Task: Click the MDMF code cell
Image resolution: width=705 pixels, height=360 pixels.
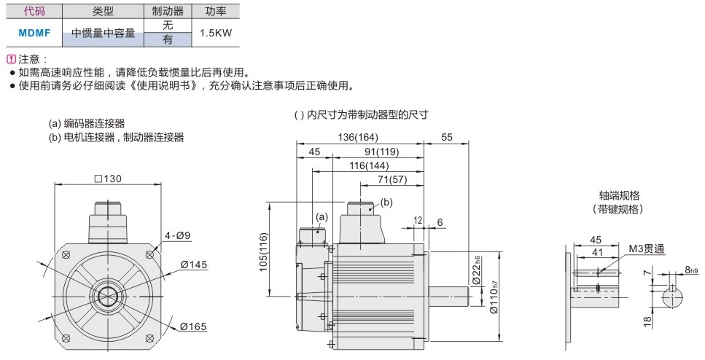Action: coord(34,33)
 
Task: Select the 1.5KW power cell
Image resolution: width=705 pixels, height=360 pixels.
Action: coord(216,33)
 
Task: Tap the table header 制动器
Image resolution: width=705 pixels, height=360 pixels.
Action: coord(168,11)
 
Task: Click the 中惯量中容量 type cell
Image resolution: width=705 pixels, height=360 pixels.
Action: coord(103,33)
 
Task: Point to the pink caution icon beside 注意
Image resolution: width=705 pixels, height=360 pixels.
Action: coord(12,59)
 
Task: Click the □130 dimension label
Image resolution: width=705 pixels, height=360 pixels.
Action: coord(108,179)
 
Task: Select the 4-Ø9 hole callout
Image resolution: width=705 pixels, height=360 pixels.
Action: coord(177,235)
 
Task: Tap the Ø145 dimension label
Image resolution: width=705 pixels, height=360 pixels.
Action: coord(194,265)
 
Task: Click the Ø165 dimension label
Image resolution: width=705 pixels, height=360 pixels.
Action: coord(193,326)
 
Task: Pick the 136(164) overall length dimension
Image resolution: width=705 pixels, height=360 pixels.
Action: coord(358,137)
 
